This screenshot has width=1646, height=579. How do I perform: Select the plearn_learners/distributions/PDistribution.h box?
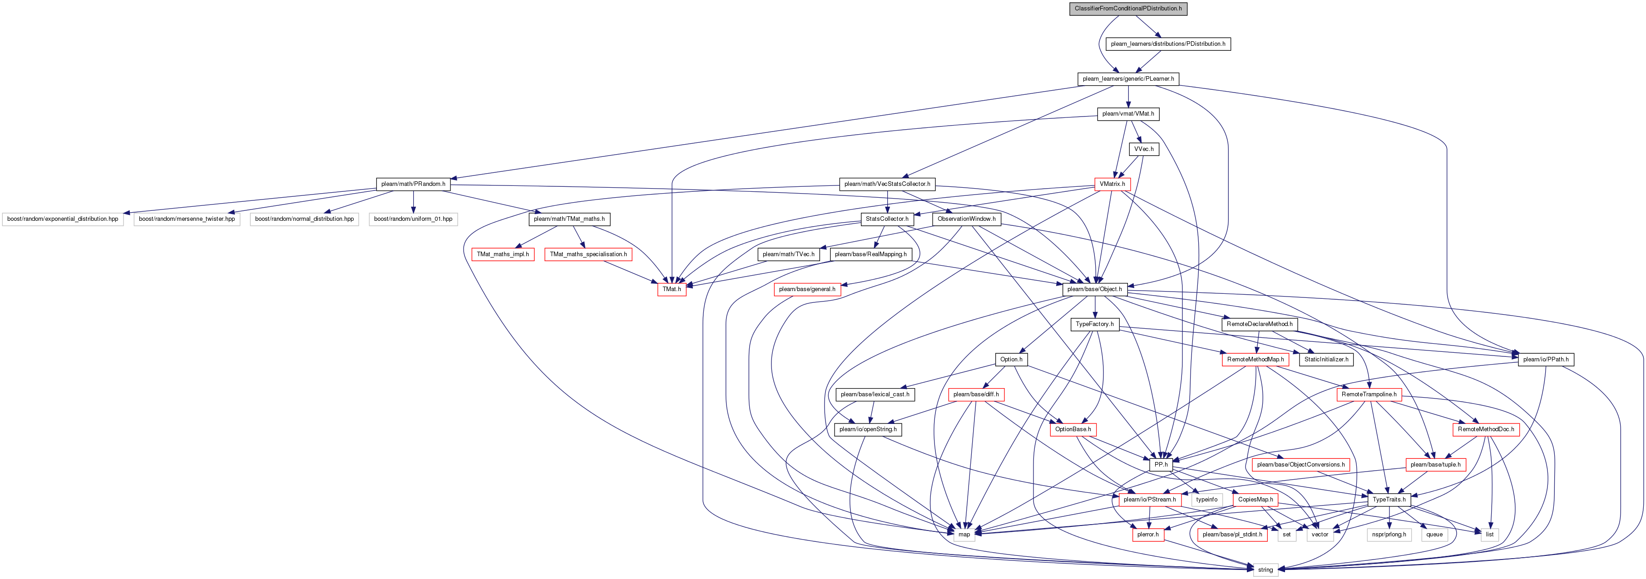point(1168,44)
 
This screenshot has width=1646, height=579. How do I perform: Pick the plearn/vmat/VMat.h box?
point(1128,114)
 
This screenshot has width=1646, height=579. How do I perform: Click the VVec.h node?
point(1144,149)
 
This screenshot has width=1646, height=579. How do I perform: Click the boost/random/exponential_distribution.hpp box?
point(63,219)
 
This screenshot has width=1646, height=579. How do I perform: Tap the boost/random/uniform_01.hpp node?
point(413,219)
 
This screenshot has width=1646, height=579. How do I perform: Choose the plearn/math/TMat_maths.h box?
point(569,219)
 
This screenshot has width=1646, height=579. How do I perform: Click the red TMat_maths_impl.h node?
point(503,254)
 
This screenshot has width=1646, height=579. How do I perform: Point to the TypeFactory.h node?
point(1095,324)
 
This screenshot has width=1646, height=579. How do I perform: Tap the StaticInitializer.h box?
point(1326,360)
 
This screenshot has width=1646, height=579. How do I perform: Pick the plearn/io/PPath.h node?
point(1546,360)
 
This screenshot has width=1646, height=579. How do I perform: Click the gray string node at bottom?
point(1265,569)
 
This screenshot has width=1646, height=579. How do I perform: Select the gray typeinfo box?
point(1206,500)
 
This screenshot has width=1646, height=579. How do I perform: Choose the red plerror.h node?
point(1147,534)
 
